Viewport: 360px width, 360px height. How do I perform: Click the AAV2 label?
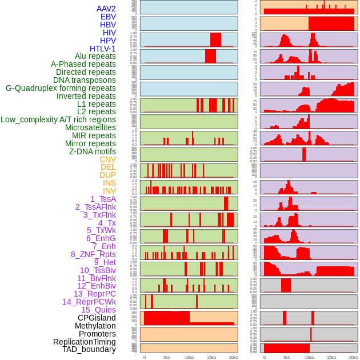coord(106,9)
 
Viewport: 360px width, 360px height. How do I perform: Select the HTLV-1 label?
coord(102,49)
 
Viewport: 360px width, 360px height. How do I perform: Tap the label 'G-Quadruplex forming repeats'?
coord(61,88)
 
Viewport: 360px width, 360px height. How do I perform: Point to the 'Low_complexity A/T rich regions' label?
coord(58,119)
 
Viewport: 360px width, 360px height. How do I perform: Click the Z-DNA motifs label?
coord(92,151)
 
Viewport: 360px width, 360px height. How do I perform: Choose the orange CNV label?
coord(107,159)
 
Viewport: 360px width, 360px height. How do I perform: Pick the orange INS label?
coord(109,183)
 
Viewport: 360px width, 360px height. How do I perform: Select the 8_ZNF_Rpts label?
coord(93,254)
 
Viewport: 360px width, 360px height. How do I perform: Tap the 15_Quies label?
coord(98,310)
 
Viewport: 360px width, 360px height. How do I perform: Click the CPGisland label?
coord(97,318)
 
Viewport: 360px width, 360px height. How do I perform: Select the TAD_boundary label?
coord(89,349)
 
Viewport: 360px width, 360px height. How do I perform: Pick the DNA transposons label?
coord(85,80)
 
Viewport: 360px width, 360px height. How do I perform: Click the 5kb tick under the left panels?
coord(167,357)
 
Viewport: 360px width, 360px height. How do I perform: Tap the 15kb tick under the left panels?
coord(211,357)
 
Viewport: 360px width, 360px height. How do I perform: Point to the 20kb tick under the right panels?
coord(354,357)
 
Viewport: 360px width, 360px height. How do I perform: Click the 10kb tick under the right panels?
coord(309,357)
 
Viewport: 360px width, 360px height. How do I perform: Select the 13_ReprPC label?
coord(94,294)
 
